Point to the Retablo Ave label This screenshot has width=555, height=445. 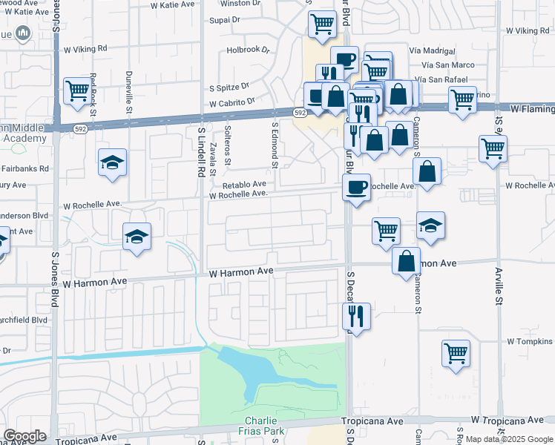click(x=244, y=184)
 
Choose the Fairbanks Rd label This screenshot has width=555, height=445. click(x=24, y=168)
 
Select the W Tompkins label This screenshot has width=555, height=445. click(x=531, y=342)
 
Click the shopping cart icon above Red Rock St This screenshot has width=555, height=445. click(x=76, y=91)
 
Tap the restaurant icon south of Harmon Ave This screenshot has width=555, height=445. click(x=355, y=317)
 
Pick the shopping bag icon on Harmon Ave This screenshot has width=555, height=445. click(x=406, y=262)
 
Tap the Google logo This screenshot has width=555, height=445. click(x=24, y=436)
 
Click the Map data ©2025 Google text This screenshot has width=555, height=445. click(x=508, y=439)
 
